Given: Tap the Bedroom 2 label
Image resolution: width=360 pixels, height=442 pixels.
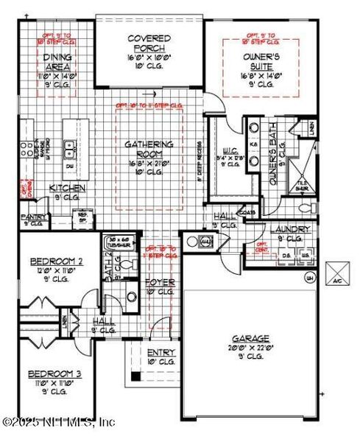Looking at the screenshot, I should tap(55, 262).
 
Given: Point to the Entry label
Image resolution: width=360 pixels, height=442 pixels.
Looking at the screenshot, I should tap(160, 353).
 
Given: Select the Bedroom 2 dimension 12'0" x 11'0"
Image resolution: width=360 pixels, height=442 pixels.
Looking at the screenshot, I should tap(55, 272).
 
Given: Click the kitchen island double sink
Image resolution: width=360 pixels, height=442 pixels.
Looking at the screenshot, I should tap(71, 150).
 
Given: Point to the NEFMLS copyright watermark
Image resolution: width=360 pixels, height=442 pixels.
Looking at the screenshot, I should tap(58, 422).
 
